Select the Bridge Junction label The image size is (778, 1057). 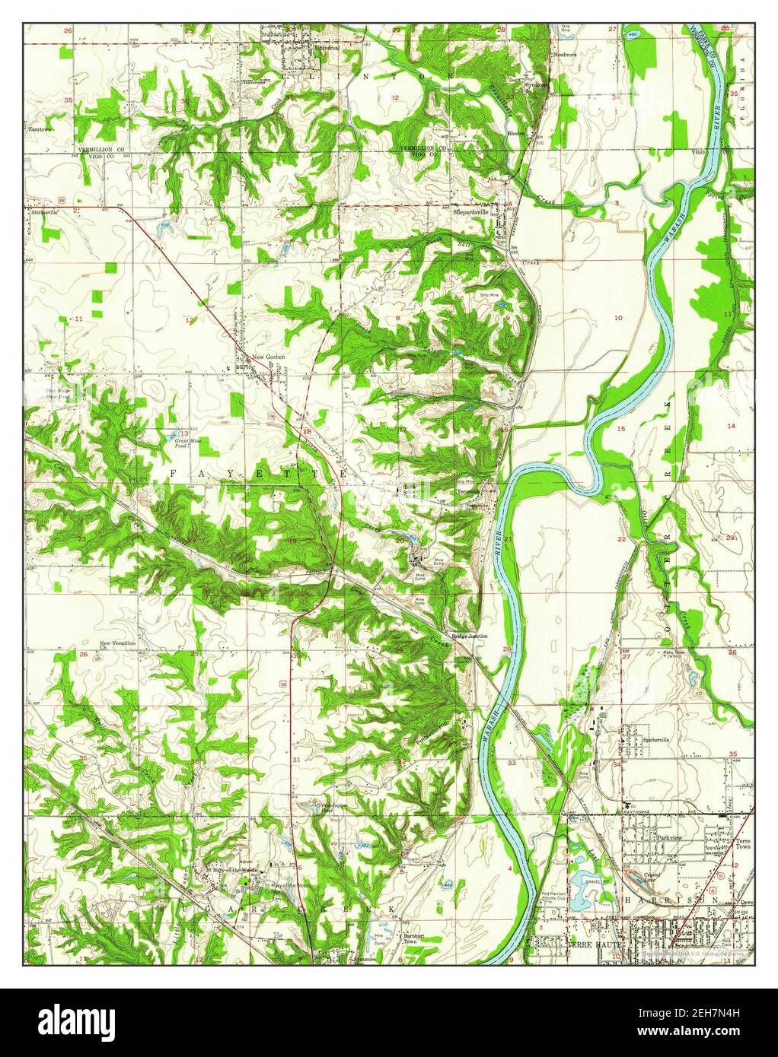[469, 636]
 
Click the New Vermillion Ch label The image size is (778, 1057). [118, 646]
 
